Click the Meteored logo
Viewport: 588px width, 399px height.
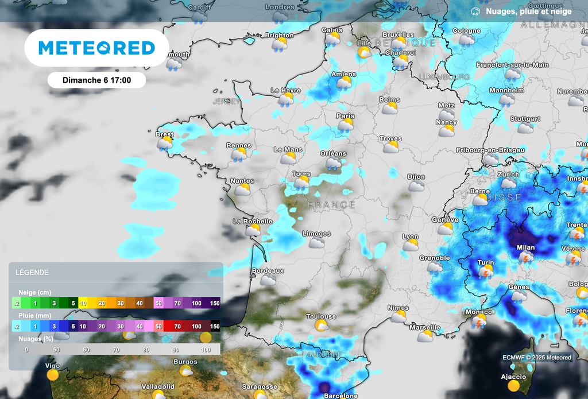click(x=96, y=48)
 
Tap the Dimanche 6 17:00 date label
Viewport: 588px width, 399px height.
click(x=96, y=80)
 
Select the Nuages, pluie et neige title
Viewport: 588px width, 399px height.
click(x=528, y=11)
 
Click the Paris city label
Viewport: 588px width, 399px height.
click(x=345, y=116)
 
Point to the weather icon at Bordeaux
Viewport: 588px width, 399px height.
click(x=268, y=280)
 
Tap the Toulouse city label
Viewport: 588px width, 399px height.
click(x=321, y=317)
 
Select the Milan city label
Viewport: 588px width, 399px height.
click(x=525, y=248)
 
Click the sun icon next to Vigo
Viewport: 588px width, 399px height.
click(x=53, y=375)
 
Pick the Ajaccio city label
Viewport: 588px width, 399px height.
click(x=513, y=377)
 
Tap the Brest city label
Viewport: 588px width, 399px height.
click(x=164, y=134)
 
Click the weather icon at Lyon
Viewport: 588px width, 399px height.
click(x=410, y=246)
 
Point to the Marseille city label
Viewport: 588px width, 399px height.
click(x=425, y=328)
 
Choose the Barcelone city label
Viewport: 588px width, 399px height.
click(x=341, y=396)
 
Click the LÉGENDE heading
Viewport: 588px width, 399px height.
click(x=32, y=273)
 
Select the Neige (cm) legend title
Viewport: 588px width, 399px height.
click(x=33, y=292)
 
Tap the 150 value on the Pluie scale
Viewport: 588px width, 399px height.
click(x=215, y=326)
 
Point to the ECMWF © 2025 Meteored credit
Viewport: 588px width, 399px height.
click(x=536, y=358)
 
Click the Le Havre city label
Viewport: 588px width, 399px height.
click(x=285, y=91)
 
